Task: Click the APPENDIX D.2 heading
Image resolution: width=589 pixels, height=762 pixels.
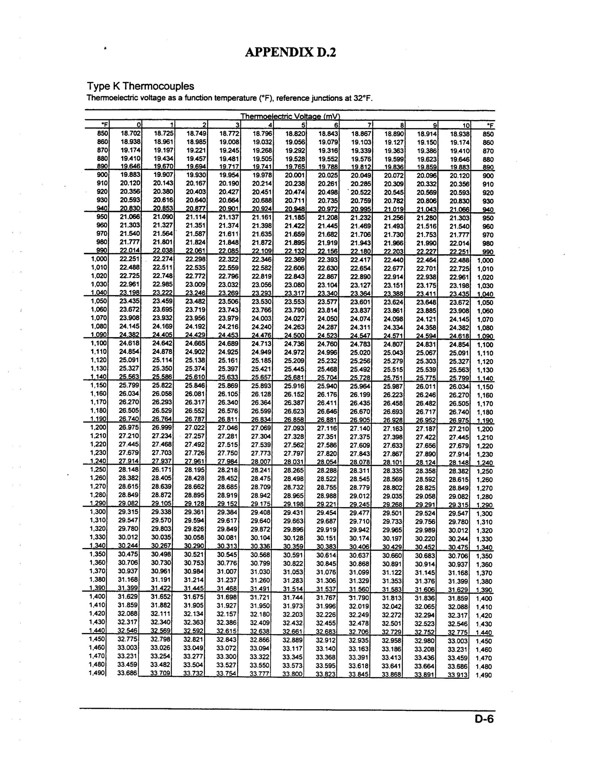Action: tap(290, 52)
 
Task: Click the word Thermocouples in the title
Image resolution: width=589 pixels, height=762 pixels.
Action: tap(158, 86)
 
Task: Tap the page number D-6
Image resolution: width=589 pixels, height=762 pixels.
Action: tap(484, 719)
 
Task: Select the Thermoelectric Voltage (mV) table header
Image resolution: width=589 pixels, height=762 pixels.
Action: tap(290, 116)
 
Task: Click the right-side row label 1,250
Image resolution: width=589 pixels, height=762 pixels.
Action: tap(485, 471)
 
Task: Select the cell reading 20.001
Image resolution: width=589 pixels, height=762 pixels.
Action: tap(295, 175)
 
